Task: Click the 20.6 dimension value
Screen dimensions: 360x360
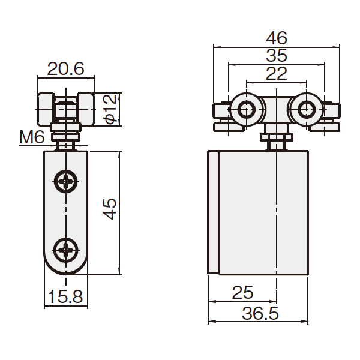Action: [x=65, y=68]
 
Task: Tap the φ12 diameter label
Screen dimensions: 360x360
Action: [x=111, y=109]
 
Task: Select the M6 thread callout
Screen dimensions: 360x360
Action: [x=32, y=137]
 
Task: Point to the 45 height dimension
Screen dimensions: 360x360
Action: [x=110, y=209]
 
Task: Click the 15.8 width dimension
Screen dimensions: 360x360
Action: [x=65, y=296]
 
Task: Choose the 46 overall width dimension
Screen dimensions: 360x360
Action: [x=277, y=38]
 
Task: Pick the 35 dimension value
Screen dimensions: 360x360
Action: [x=277, y=55]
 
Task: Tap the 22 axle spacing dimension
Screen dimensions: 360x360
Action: [x=277, y=73]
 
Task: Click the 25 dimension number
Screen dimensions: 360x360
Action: [x=242, y=293]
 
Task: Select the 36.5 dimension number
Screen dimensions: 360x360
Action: [x=260, y=313]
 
